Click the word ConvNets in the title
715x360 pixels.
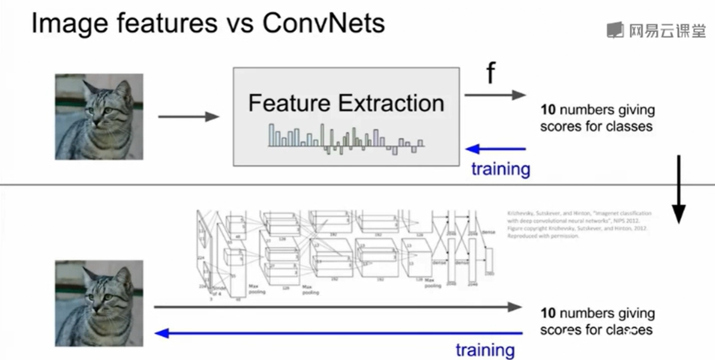[323, 24]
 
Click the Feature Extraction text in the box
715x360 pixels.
[346, 103]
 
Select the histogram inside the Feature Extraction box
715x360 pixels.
[346, 138]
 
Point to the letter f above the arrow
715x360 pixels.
[490, 73]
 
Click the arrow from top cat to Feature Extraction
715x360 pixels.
[188, 117]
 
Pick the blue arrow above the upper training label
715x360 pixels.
[495, 149]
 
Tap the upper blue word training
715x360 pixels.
[500, 169]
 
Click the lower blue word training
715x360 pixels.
[485, 350]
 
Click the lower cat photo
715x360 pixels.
[99, 304]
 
